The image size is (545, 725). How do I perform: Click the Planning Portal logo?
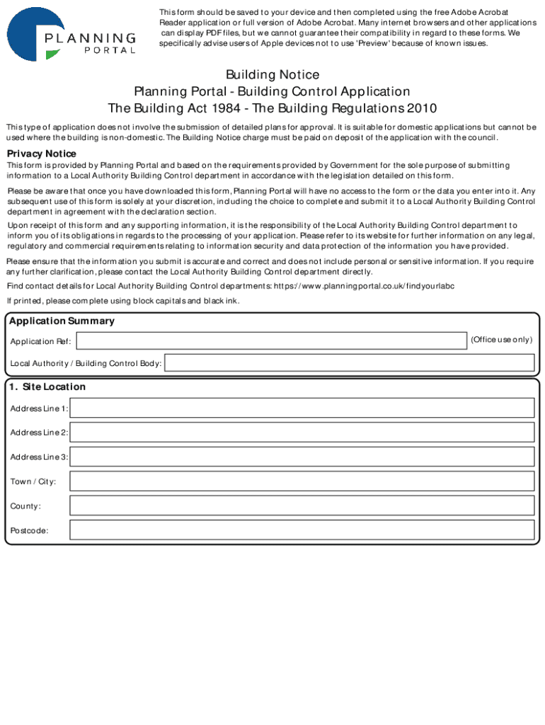click(x=71, y=35)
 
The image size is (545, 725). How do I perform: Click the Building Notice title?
click(x=272, y=74)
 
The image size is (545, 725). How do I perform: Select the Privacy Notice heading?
click(x=41, y=154)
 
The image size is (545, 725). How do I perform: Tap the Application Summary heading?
click(x=62, y=321)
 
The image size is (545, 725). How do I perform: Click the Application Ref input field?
click(x=272, y=341)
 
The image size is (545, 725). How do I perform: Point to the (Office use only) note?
click(x=501, y=340)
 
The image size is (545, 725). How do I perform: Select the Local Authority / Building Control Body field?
click(x=349, y=363)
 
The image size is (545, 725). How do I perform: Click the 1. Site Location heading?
click(x=47, y=387)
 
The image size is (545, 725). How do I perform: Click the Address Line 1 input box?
click(x=302, y=408)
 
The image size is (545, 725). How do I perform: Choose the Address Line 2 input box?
click(x=302, y=432)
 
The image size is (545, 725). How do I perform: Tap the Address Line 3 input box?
click(x=302, y=457)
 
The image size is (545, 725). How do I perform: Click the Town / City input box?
click(x=302, y=481)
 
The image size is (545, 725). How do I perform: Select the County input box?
click(x=302, y=506)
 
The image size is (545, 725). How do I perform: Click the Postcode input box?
click(x=302, y=530)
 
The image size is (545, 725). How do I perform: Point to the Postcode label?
click(x=30, y=530)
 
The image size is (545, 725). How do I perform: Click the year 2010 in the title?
click(x=422, y=108)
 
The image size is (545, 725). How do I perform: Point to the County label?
click(x=25, y=506)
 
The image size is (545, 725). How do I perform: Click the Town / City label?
click(x=33, y=481)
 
